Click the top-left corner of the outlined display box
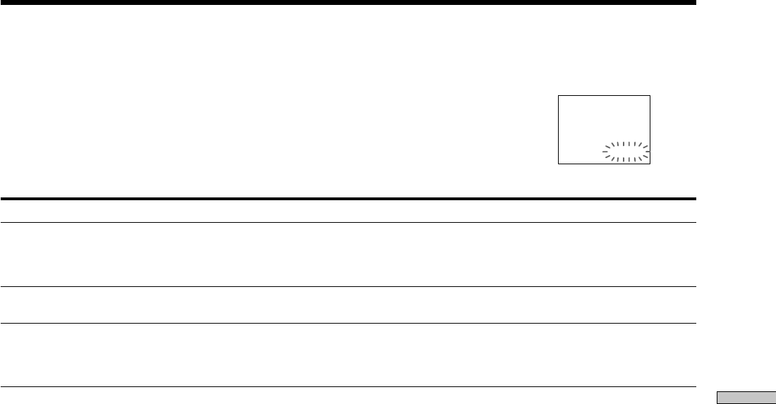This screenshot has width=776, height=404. (x=559, y=95)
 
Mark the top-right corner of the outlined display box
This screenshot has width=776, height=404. (x=650, y=95)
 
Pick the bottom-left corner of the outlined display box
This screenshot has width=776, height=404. (x=559, y=164)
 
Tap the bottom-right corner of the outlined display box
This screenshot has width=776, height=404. (x=650, y=164)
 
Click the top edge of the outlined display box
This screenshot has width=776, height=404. (x=604, y=95)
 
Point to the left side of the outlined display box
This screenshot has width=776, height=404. (x=559, y=130)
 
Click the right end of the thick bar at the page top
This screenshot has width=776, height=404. (x=695, y=3)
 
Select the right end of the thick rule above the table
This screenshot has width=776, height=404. (x=695, y=199)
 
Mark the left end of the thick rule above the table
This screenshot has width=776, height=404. (x=1, y=199)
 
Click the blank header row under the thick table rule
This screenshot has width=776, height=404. (x=348, y=212)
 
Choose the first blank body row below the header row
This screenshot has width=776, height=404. (x=348, y=255)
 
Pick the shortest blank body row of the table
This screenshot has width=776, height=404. (x=348, y=305)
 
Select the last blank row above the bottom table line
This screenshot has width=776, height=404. (x=348, y=355)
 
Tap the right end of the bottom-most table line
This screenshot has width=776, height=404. (x=695, y=386)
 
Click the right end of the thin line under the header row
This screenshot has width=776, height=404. (x=695, y=224)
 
